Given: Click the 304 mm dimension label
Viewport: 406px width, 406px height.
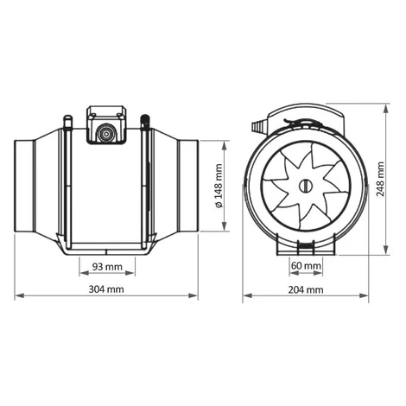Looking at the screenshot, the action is click(x=106, y=289).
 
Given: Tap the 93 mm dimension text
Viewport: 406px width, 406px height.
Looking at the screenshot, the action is click(x=107, y=267).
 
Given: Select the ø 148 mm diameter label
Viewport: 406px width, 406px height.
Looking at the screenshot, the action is click(x=219, y=186).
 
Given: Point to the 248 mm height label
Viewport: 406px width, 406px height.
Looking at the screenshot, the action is click(x=380, y=179).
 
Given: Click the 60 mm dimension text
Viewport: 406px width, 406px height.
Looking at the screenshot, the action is click(x=306, y=265).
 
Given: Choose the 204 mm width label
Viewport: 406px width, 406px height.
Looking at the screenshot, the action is click(x=306, y=289).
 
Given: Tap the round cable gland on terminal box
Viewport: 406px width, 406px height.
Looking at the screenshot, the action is click(x=106, y=134).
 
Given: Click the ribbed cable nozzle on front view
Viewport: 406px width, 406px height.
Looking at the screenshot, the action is click(x=259, y=127).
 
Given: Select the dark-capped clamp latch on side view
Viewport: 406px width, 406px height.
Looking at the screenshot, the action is click(x=144, y=122).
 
